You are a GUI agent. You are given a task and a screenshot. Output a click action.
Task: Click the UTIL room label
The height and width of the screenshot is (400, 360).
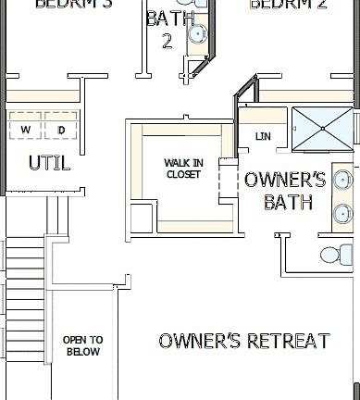[49, 163]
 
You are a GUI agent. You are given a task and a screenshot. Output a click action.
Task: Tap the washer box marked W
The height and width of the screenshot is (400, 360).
[25, 129]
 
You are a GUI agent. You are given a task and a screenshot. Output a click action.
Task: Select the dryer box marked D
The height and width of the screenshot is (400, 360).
[61, 129]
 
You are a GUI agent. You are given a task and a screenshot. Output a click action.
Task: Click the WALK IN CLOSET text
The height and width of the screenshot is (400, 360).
[182, 169]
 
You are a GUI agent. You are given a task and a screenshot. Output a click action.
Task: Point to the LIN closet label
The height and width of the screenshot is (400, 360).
[262, 137]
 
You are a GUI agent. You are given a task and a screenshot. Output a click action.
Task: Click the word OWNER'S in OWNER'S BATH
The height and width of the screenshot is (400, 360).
[285, 180]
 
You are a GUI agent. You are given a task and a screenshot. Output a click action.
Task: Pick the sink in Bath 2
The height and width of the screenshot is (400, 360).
[197, 34]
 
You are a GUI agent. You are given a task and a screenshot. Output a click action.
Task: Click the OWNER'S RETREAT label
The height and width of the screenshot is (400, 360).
[244, 341]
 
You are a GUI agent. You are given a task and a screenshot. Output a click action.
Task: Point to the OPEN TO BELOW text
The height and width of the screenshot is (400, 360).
[82, 345]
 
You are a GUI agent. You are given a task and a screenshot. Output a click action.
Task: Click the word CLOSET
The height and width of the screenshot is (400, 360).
[182, 174]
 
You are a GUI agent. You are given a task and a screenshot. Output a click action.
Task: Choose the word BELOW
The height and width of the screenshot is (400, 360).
[82, 352]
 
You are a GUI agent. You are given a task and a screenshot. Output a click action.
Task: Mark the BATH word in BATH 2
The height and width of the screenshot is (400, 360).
[164, 19]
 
